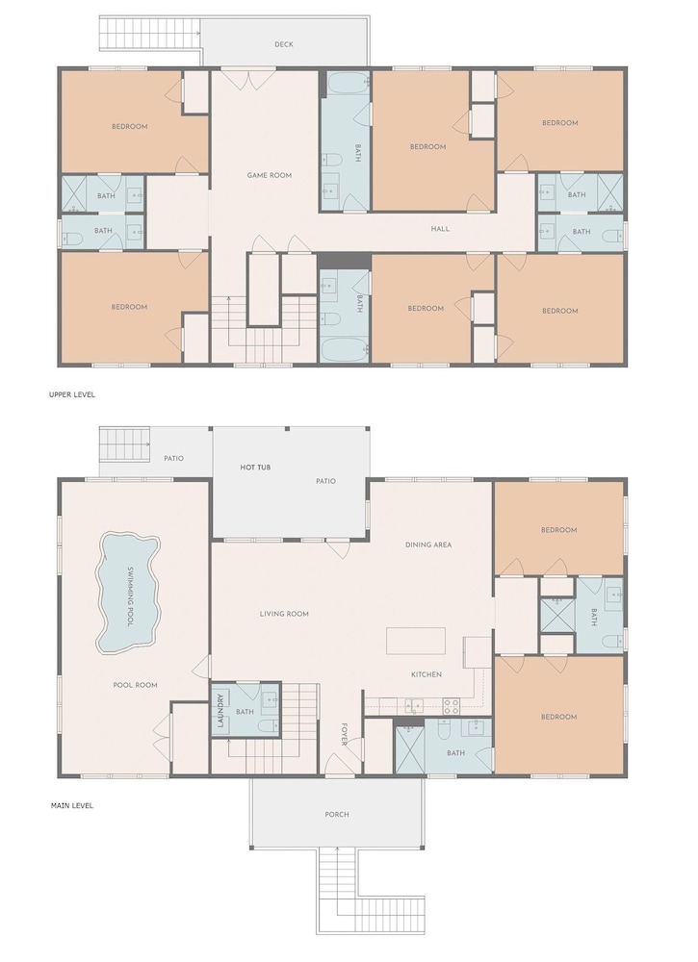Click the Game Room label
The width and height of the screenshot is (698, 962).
click(x=269, y=175)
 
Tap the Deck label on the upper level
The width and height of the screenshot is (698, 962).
click(x=284, y=44)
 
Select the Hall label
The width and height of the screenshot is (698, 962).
click(x=440, y=229)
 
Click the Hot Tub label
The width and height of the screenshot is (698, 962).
click(x=255, y=468)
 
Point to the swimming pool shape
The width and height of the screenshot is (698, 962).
click(x=128, y=593)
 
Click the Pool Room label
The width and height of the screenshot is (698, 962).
click(x=135, y=685)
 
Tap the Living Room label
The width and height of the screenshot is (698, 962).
click(x=284, y=614)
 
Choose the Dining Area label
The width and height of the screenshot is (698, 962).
click(x=428, y=544)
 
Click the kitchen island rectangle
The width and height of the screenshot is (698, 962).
click(x=416, y=641)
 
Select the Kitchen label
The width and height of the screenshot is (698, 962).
click(x=427, y=675)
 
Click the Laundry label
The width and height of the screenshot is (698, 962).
click(x=220, y=711)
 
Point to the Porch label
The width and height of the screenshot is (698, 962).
click(x=336, y=815)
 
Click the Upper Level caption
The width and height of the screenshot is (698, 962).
click(x=72, y=394)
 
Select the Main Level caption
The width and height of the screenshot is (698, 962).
click(x=72, y=805)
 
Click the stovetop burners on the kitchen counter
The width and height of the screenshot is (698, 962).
click(x=452, y=706)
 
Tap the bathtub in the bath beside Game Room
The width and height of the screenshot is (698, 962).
click(x=346, y=84)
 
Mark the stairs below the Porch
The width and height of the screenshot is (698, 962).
click(x=371, y=890)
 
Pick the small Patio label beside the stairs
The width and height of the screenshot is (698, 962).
click(x=173, y=458)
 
